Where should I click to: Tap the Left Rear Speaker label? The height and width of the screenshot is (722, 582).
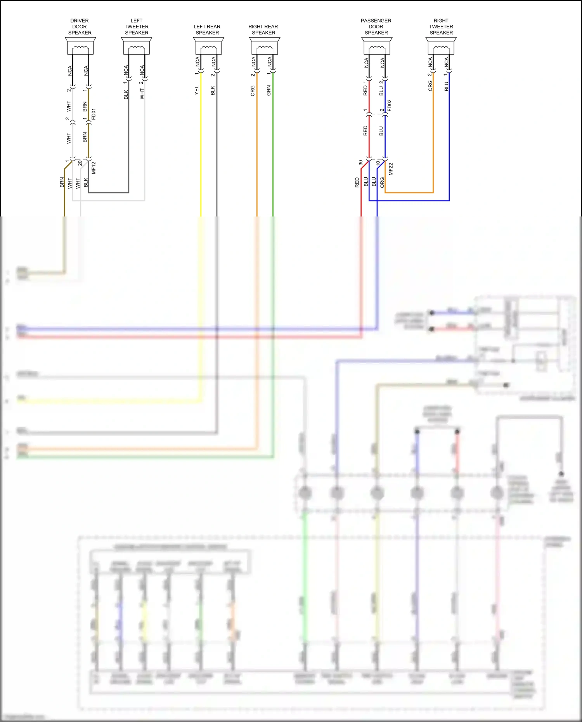tap(207, 29)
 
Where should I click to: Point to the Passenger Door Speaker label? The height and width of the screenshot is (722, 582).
tap(376, 26)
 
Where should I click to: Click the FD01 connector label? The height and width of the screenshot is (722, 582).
tap(94, 114)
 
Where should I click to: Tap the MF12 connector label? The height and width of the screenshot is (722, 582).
tap(94, 168)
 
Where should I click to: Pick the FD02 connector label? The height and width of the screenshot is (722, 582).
tap(390, 106)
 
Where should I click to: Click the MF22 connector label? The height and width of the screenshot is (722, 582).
tap(391, 169)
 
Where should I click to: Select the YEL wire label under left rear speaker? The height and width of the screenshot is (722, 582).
tap(197, 90)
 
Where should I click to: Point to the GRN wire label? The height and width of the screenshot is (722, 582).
tap(269, 91)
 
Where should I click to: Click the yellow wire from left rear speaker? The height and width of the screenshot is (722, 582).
tap(201, 155)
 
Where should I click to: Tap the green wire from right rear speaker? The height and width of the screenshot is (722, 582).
tap(273, 155)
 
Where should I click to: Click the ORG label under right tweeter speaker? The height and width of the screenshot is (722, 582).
tap(430, 86)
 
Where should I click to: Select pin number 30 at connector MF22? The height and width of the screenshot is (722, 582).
tap(360, 163)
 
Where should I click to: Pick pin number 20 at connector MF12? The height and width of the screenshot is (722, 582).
tap(80, 163)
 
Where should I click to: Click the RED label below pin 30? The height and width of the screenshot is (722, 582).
tap(357, 182)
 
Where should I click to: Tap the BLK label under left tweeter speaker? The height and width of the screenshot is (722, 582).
tap(126, 95)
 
